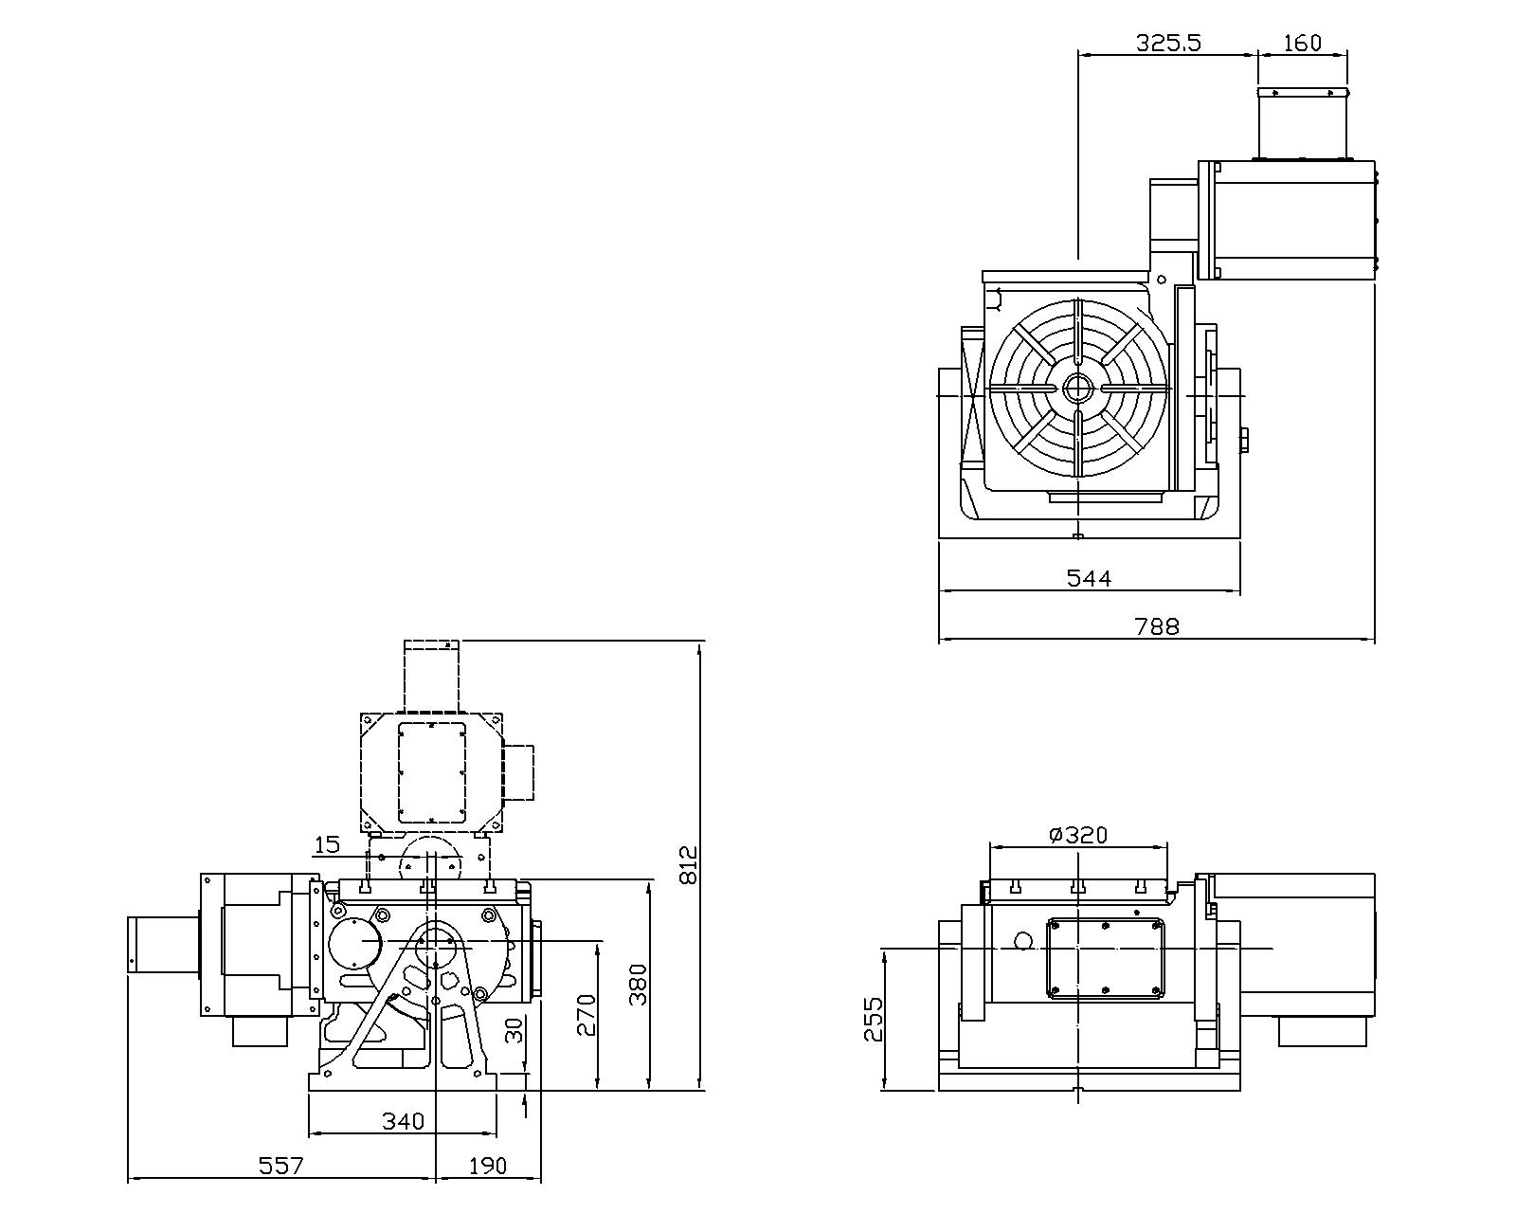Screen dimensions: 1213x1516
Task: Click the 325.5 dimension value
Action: click(1168, 43)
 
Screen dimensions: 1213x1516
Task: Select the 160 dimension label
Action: click(1302, 43)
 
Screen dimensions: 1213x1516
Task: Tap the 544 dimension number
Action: click(1089, 577)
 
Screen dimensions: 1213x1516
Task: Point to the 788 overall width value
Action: click(1157, 626)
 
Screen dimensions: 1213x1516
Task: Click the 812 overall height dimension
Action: click(689, 864)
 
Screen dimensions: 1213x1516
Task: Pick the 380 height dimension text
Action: click(639, 985)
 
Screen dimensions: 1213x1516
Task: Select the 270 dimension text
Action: click(587, 1014)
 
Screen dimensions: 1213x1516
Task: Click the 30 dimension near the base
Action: click(514, 1030)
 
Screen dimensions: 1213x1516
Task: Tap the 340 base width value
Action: click(403, 1121)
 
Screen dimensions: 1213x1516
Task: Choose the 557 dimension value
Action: click(281, 1166)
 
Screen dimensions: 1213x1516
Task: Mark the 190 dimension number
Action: click(487, 1166)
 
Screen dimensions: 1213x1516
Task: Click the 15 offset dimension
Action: click(327, 843)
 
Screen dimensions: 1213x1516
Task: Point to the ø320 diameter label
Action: click(1078, 835)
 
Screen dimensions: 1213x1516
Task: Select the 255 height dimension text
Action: click(874, 1019)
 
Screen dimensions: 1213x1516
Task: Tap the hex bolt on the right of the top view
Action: click(1244, 440)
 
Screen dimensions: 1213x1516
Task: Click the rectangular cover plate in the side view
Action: click(1105, 957)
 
